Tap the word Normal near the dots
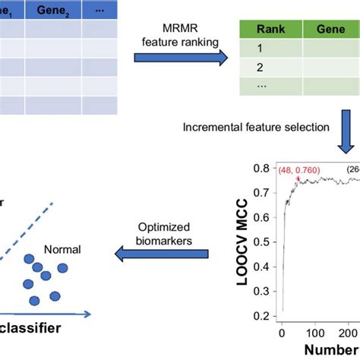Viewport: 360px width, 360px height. (x=68, y=248)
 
